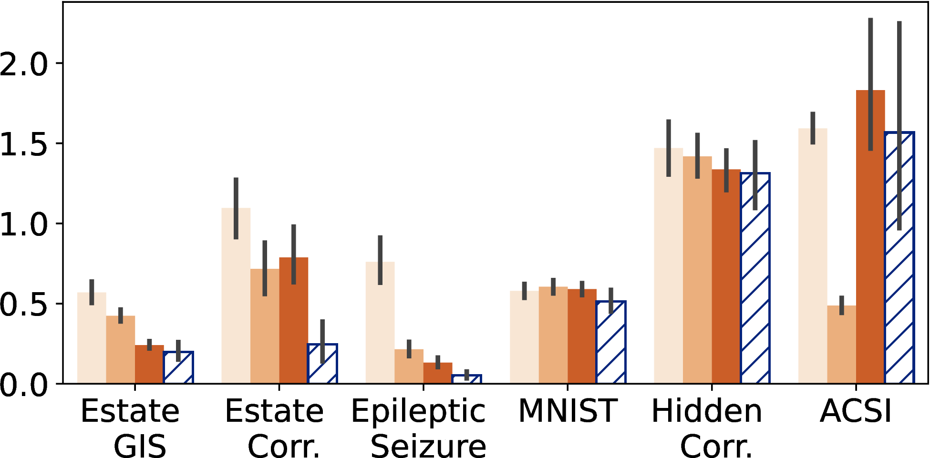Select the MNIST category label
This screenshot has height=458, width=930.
[568, 410]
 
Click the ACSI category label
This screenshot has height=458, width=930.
[856, 410]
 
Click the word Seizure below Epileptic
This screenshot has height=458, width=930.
[428, 446]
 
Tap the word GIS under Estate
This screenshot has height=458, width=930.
[140, 446]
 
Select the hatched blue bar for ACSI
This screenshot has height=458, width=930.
[899, 257]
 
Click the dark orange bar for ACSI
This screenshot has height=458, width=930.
[870, 237]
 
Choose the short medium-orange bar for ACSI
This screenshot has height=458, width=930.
[842, 345]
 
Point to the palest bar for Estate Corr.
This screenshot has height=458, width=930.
[236, 295]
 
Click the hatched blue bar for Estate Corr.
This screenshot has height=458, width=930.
[322, 364]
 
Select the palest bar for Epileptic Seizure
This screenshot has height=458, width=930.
[380, 323]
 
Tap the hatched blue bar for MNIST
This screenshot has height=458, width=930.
[611, 342]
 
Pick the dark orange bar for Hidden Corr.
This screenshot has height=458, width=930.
[726, 276]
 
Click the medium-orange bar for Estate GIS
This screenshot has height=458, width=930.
[121, 350]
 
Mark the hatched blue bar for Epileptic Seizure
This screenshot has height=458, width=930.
[466, 379]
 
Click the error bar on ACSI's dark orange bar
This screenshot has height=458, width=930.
[870, 84]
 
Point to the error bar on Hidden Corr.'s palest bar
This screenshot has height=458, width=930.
[669, 148]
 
